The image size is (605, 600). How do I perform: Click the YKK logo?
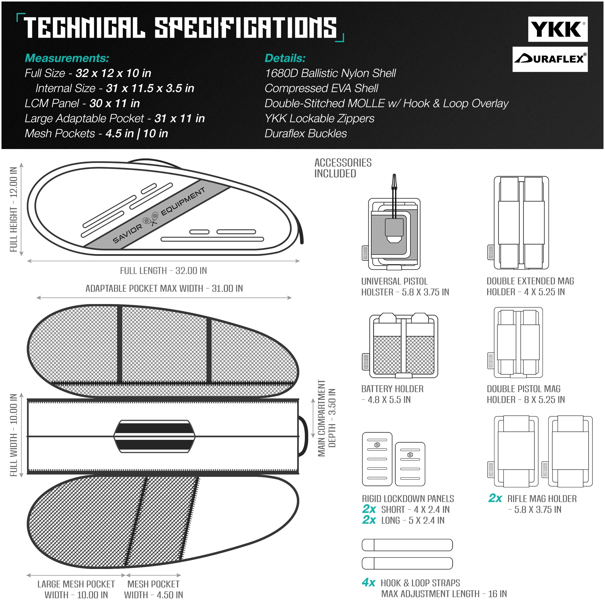coord(557,29)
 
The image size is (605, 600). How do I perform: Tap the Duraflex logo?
coord(550,59)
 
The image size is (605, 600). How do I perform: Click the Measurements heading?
coord(67,58)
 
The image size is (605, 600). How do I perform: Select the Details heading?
coord(285,58)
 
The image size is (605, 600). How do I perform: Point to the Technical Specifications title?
coord(180,28)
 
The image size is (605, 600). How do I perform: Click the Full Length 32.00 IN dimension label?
coord(163,271)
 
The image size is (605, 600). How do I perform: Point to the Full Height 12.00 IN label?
coord(14,209)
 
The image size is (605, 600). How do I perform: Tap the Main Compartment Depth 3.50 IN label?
coord(327,418)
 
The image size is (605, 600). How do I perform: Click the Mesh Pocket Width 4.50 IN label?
coord(154,589)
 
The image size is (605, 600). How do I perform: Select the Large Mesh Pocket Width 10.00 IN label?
coord(76,589)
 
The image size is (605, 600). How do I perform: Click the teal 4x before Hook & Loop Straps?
coord(369,583)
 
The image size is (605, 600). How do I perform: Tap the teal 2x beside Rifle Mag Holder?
coord(495,498)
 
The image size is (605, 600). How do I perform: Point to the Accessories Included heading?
coord(343,168)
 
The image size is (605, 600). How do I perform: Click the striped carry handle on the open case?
coord(154,436)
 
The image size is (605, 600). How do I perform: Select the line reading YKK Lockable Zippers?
coord(319,118)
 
